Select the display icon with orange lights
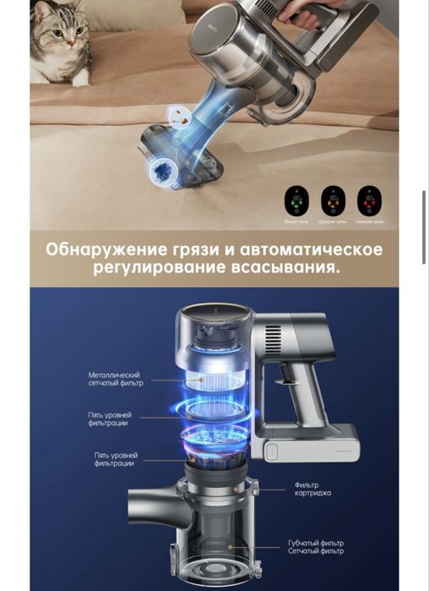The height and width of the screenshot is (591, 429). (x=332, y=201)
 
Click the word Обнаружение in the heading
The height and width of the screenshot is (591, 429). (x=100, y=250)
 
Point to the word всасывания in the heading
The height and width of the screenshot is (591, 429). (x=289, y=270)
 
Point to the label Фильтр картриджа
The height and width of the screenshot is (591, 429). (x=312, y=490)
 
